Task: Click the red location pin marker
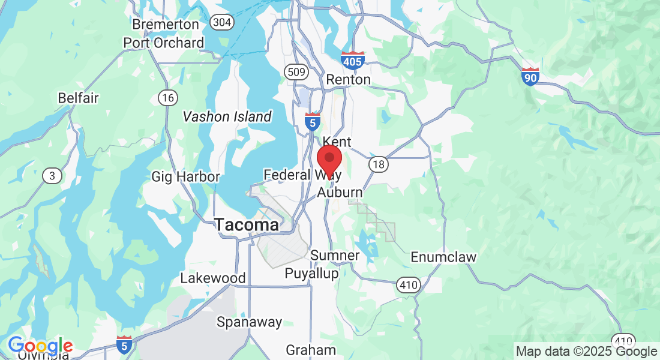(329, 158)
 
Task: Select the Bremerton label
(165, 25)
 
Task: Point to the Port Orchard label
(164, 43)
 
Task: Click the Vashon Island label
(227, 116)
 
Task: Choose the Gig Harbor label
(185, 176)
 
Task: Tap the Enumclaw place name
(443, 257)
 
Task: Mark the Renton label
(348, 79)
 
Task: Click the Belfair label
(78, 98)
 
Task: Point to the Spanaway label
(249, 322)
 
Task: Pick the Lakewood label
(213, 278)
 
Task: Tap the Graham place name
(311, 350)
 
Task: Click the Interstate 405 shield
(352, 61)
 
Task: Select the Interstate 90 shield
(530, 76)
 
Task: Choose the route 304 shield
(222, 22)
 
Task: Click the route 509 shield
(296, 72)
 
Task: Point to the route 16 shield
(167, 97)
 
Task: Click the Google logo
(40, 346)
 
